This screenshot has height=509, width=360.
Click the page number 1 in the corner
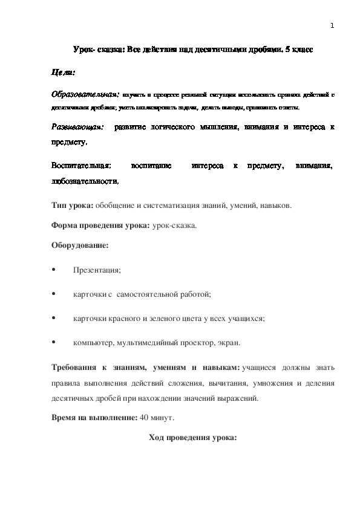332,25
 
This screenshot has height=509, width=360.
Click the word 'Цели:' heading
63,73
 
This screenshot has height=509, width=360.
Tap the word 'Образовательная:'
85,95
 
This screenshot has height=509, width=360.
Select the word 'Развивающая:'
77,128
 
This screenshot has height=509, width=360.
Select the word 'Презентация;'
97,270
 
